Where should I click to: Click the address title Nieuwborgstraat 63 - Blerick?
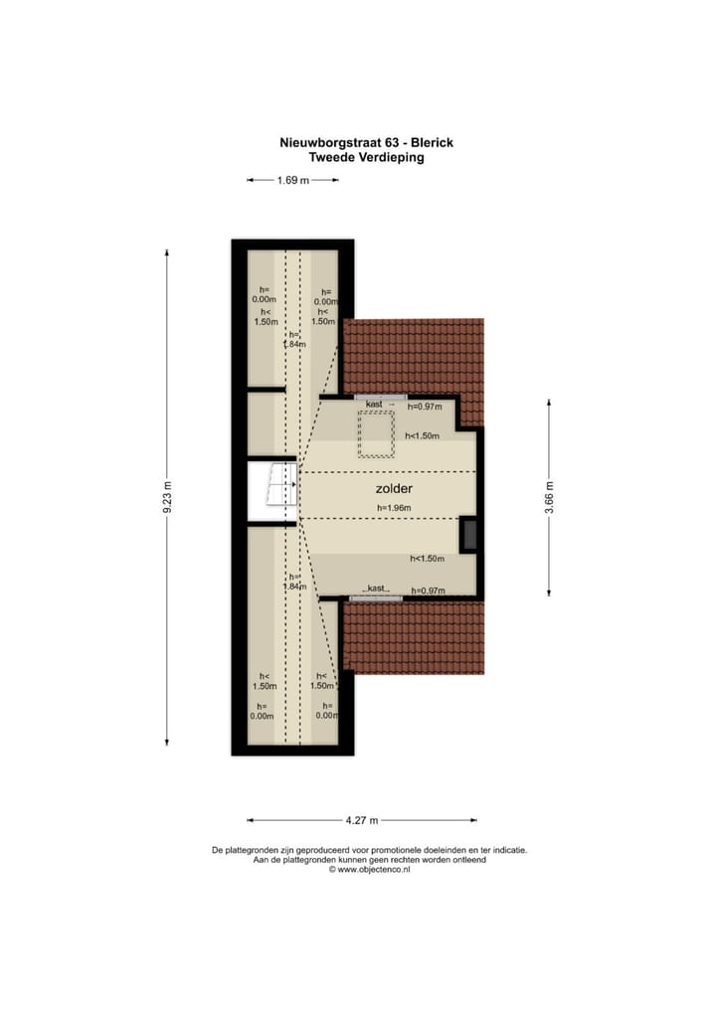[x=366, y=143]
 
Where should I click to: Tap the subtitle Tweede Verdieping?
[x=366, y=157]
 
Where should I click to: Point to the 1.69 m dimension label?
[x=292, y=180]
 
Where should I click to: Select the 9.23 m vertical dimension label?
[x=167, y=497]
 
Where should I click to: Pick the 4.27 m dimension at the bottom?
[x=361, y=820]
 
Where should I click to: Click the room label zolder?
[x=394, y=489]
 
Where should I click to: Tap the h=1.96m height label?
[x=394, y=508]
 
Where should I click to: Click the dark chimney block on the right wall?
[x=467, y=535]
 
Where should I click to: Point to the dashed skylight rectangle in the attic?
[x=376, y=434]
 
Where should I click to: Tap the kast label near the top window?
[x=375, y=405]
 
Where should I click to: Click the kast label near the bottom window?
[x=376, y=590]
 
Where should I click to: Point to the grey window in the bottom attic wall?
[x=376, y=598]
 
